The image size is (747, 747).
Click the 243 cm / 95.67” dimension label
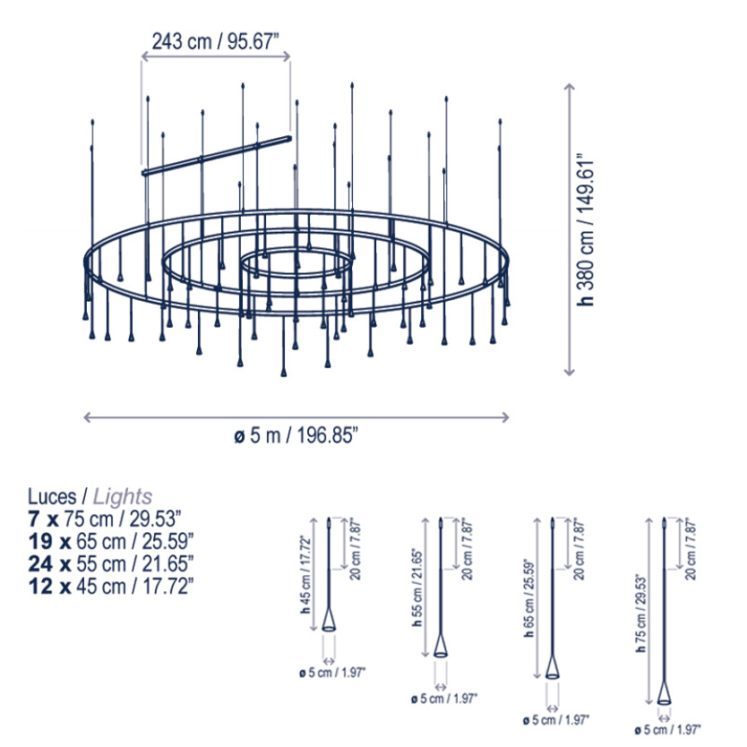click(x=215, y=41)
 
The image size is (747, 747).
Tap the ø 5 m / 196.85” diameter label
click(x=296, y=435)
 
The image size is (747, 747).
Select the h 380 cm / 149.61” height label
click(x=586, y=229)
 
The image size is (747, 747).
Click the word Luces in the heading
click(x=52, y=496)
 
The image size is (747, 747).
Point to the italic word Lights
click(x=123, y=496)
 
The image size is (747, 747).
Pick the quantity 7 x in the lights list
click(x=43, y=519)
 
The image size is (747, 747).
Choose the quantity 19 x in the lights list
click(x=49, y=541)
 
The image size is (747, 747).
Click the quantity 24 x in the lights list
click(x=49, y=563)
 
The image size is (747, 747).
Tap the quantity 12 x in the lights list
click(x=49, y=586)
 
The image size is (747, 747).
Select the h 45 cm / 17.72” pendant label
click(x=305, y=574)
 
